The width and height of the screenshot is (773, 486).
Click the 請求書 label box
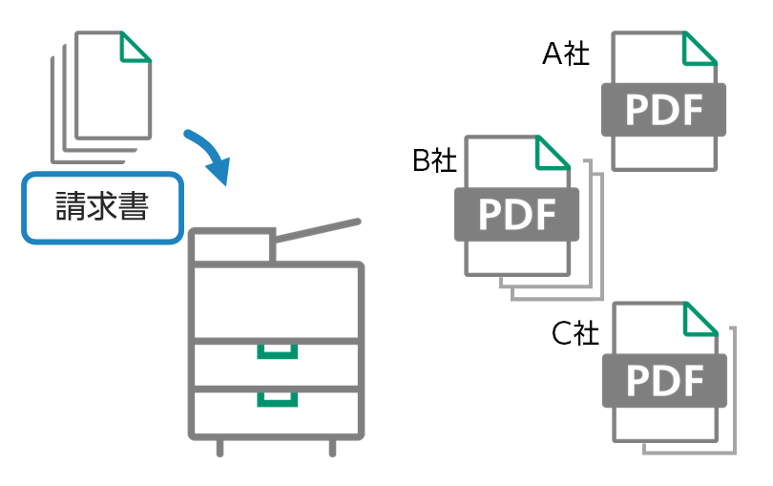point(101,207)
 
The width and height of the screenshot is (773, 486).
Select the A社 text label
point(566,54)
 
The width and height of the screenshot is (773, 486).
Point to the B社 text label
point(434,160)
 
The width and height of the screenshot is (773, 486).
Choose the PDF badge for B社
point(516,213)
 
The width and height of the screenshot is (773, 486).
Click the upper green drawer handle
point(277,351)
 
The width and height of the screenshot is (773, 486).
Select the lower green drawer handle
point(277,397)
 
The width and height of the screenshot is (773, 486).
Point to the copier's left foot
point(220,446)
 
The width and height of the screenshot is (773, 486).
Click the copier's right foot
point(333,446)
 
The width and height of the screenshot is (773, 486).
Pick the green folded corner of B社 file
point(554,153)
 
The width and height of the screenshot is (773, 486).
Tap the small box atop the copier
point(233,244)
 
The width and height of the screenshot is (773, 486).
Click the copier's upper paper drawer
point(277,364)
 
